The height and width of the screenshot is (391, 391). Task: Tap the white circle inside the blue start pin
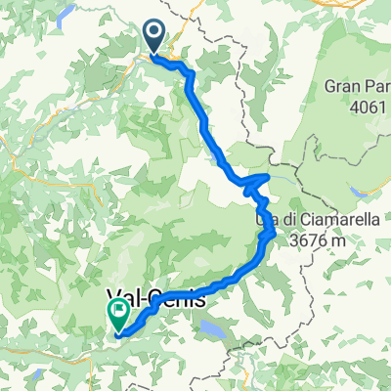(x=155, y=33)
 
